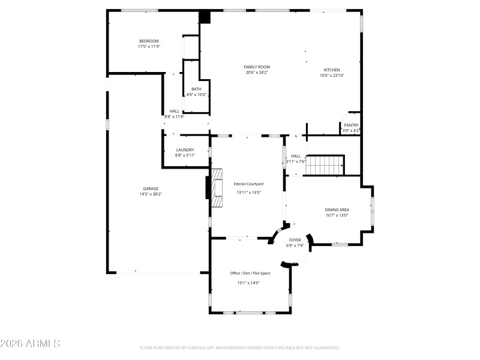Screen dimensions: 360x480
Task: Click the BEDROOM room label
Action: [x=149, y=41]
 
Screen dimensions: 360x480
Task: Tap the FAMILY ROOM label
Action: [x=257, y=67]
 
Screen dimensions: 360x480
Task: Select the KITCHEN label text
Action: [x=332, y=70]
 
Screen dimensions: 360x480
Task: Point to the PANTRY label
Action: [x=351, y=125]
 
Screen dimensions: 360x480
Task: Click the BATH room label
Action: [x=196, y=89]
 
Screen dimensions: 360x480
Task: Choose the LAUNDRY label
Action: [x=185, y=150]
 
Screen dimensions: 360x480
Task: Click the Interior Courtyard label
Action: [x=248, y=184]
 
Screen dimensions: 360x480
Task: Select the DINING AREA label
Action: [x=337, y=209]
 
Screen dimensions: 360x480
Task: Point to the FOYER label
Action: [x=295, y=239]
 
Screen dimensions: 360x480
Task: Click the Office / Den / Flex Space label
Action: [x=250, y=273]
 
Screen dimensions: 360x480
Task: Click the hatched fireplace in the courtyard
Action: [x=216, y=187]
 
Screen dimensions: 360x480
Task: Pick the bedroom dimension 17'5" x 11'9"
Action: [x=149, y=46]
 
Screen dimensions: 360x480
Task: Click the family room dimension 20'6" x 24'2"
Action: [x=257, y=73]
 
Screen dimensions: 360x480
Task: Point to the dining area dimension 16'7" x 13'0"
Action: [x=337, y=215]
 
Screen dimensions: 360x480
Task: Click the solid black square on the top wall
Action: [x=206, y=17]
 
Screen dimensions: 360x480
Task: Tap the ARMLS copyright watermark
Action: [x=30, y=344]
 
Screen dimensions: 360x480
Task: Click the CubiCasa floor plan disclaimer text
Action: [x=240, y=347]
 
